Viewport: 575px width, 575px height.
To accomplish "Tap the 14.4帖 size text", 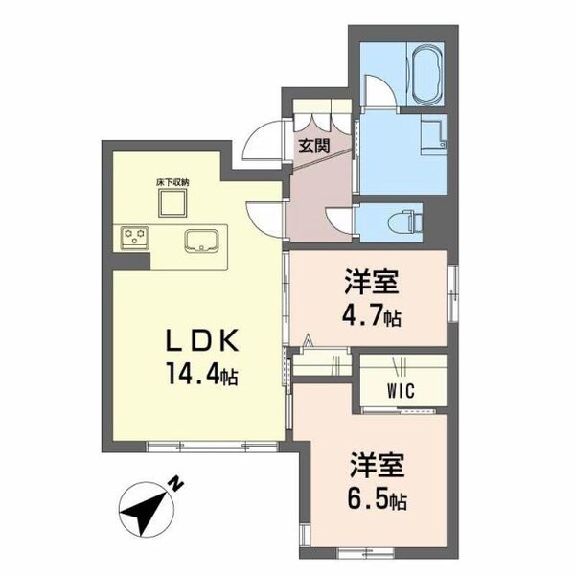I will point(200,377).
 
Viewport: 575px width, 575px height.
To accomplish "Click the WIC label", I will point(402,391).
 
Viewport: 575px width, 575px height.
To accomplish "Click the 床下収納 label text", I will point(173,180).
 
